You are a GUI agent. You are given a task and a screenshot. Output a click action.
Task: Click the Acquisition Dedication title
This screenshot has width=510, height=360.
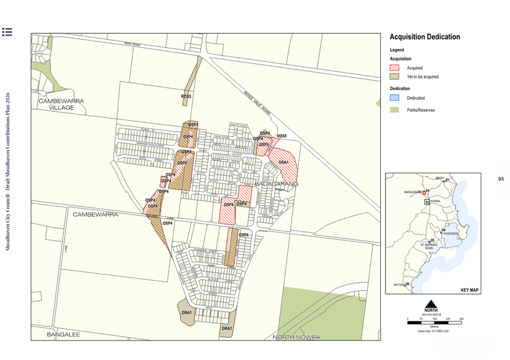point(425,37)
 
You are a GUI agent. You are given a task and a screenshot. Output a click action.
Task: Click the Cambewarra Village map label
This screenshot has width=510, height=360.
point(61,104)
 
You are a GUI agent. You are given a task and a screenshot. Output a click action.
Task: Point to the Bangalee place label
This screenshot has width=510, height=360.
point(63,334)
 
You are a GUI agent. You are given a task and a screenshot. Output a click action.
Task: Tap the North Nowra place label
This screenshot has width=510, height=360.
point(296,336)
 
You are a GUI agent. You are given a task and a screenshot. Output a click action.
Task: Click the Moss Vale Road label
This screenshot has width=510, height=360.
point(257,103)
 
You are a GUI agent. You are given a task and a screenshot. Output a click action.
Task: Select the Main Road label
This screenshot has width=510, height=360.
point(133,44)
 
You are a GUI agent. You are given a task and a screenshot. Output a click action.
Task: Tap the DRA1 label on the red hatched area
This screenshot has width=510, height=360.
point(283,162)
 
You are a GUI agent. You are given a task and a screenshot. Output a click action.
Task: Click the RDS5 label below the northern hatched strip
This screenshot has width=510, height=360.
point(186,97)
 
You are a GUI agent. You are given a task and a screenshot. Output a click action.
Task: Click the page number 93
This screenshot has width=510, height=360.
point(501,179)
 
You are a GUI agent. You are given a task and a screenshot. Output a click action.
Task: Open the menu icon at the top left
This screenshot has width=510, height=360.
point(7,32)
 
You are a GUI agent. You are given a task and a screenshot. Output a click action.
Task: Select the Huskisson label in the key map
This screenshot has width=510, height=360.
point(450,233)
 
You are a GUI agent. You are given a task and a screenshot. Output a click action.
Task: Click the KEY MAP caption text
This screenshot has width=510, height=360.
point(469,290)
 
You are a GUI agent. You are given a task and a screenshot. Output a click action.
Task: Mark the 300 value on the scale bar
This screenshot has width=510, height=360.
point(461,319)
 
